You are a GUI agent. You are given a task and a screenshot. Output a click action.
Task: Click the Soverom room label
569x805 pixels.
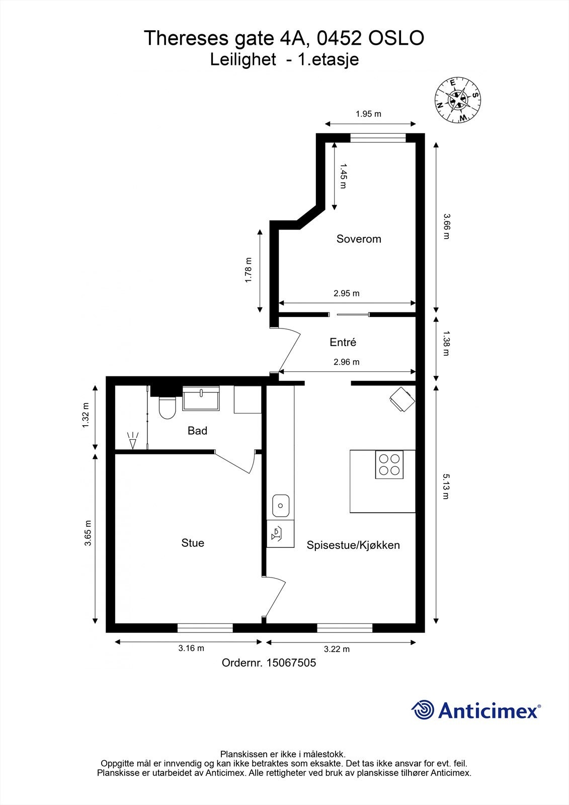tap(359, 239)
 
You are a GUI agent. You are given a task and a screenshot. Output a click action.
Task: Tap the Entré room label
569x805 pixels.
tap(343, 342)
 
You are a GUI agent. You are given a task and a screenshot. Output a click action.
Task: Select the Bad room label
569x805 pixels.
tap(197, 431)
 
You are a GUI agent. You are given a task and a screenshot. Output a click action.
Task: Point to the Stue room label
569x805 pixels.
tap(193, 543)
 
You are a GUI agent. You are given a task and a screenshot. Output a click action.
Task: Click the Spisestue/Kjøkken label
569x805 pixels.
tap(353, 545)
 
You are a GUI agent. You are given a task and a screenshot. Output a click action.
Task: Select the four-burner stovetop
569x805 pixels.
tap(389, 464)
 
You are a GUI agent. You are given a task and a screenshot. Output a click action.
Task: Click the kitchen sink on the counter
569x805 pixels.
tap(281, 505)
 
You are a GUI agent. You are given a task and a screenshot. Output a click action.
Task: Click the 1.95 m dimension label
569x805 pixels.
tap(368, 114)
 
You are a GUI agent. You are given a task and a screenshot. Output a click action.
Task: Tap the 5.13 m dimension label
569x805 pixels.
tap(445, 486)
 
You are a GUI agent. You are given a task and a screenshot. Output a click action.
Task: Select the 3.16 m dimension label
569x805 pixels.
tap(191, 648)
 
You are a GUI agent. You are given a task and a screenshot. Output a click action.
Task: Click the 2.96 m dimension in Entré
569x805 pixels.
tap(346, 362)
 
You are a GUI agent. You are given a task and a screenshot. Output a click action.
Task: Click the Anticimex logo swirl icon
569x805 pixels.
tap(423, 710)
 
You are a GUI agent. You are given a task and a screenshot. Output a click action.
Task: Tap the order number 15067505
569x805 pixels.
tap(291, 663)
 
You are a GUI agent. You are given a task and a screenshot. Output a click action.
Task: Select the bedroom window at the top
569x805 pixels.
tap(378, 137)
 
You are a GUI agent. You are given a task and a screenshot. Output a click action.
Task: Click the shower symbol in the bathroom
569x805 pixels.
tap(133, 440)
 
